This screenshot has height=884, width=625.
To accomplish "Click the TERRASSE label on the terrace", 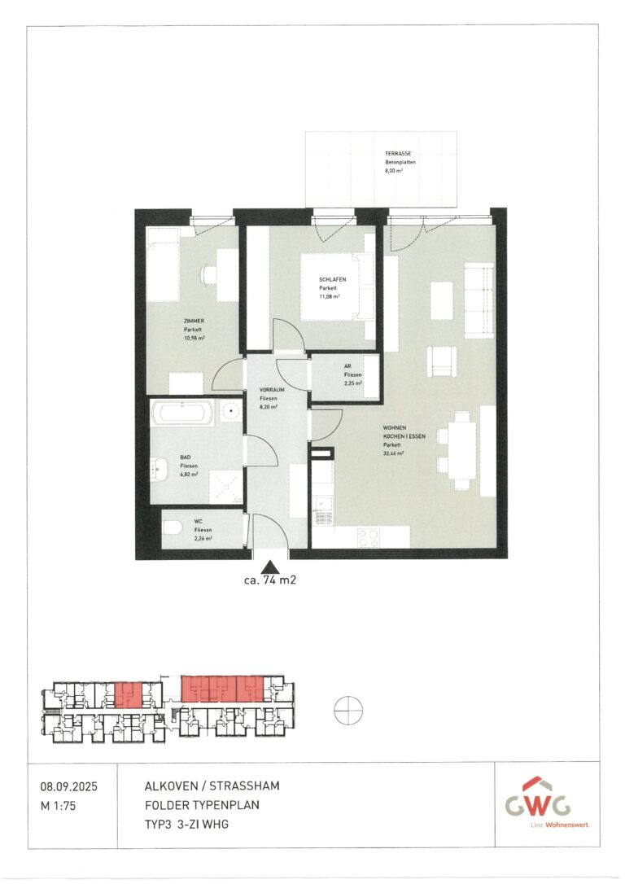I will point(398,154).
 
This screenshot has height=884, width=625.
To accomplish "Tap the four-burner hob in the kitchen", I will point(368,536).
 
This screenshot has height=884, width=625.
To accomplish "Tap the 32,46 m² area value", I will point(396,453).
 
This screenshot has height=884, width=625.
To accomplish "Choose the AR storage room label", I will point(348,366).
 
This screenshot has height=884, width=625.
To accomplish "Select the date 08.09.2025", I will point(68,786).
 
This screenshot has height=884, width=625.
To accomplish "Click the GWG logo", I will point(537,804).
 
